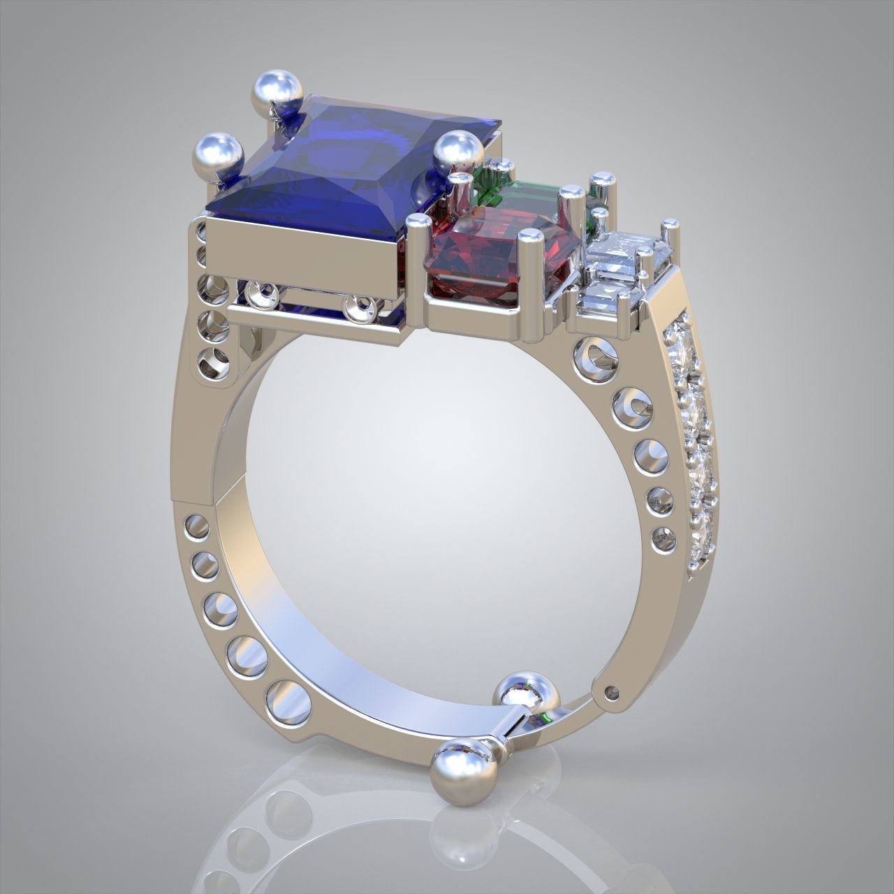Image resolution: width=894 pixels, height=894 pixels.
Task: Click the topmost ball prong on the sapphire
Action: pos(277,89)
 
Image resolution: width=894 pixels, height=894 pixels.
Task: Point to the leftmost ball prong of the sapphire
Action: pos(217,152)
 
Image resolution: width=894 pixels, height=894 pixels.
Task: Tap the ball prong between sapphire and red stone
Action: pos(458,151)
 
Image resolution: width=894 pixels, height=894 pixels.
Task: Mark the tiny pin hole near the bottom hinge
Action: pos(613,692)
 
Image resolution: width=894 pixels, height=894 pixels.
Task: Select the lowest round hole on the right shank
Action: pos(663,538)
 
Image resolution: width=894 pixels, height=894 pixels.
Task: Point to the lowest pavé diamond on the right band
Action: pos(701,541)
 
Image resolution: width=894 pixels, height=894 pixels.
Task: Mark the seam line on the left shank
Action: pos(199,495)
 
